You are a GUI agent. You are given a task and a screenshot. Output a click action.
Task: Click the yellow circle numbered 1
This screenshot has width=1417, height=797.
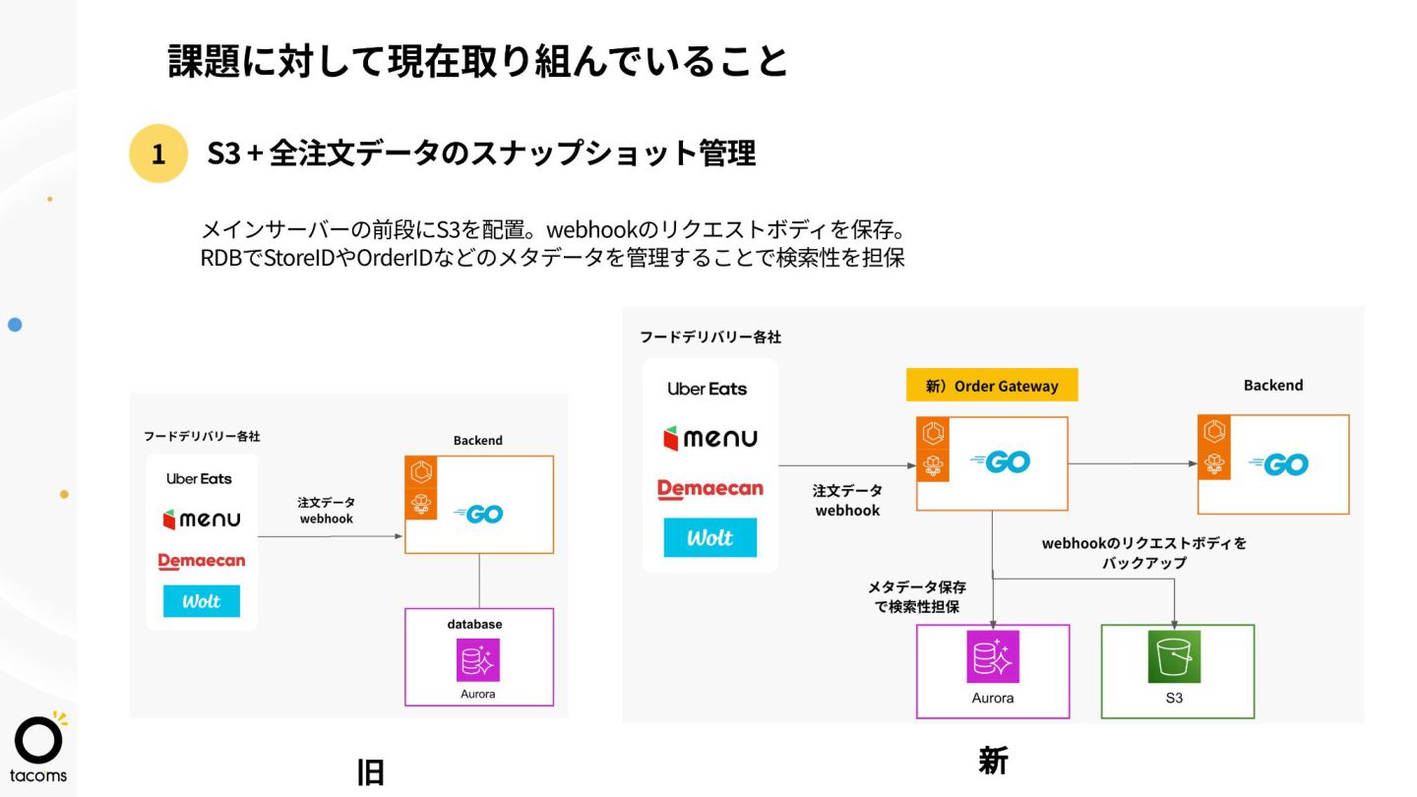pos(157,153)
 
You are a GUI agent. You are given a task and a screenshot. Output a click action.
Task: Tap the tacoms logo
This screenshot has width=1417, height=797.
pos(39,748)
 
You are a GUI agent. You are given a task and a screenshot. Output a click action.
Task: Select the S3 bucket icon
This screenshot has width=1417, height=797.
pos(1174,657)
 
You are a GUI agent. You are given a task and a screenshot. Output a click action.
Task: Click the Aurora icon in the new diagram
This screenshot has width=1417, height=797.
pos(993,656)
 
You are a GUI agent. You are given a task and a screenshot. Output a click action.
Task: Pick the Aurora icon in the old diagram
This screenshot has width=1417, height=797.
pos(478,660)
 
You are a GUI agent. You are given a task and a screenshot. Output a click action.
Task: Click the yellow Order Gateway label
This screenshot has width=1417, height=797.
pos(992,386)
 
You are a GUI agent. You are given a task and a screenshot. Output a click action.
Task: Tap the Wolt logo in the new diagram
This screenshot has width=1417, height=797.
pos(710,538)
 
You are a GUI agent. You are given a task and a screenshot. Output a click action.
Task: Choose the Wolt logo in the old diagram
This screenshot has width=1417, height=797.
pos(202,601)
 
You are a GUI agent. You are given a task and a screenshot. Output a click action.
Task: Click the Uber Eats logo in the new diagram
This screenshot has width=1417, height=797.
pos(707,389)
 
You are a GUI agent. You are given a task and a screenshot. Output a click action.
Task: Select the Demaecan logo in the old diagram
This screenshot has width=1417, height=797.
pos(202,561)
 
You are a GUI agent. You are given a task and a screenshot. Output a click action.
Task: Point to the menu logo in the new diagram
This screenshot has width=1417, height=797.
pos(710,439)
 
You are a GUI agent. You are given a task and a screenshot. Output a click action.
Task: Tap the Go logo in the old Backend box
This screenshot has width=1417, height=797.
pos(478,514)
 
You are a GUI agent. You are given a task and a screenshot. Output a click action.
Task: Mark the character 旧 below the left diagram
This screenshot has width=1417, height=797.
pos(370,772)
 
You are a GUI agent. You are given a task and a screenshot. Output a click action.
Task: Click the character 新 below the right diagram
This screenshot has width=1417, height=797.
pos(993,761)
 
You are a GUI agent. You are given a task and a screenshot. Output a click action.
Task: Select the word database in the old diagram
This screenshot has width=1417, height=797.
pos(474,624)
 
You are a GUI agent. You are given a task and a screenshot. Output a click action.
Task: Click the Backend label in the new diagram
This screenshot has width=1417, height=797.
pos(1272,386)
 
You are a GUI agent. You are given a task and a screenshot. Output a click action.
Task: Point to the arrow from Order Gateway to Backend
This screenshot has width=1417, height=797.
pos(1132,463)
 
